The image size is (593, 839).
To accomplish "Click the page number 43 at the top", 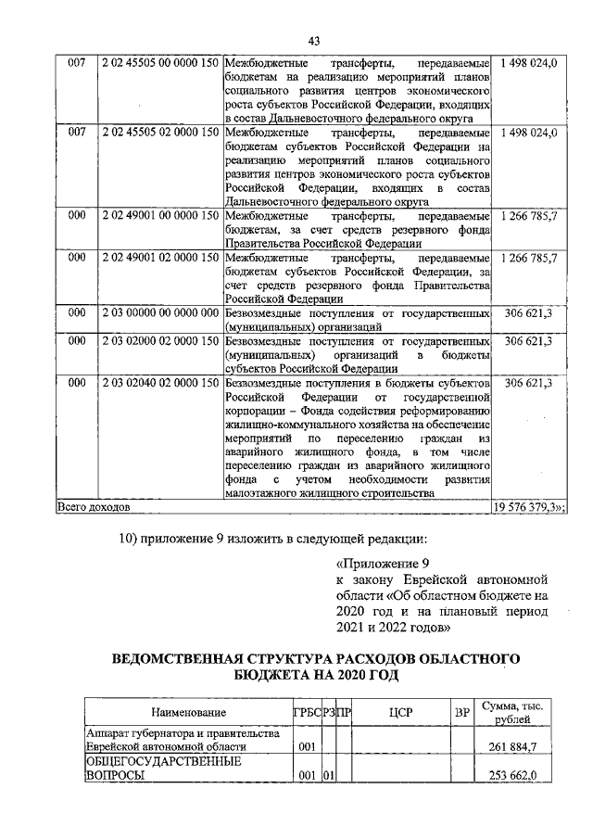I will (313, 41).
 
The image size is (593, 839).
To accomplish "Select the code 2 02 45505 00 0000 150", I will (159, 63).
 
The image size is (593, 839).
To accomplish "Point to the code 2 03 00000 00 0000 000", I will (159, 315).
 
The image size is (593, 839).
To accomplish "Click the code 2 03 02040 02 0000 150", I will (159, 383).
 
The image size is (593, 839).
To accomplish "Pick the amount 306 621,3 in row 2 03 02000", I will (528, 342).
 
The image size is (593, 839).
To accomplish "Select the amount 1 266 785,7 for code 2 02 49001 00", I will (528, 215).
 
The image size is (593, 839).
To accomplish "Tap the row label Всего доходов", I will (94, 508).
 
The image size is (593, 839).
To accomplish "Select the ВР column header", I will (461, 712).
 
